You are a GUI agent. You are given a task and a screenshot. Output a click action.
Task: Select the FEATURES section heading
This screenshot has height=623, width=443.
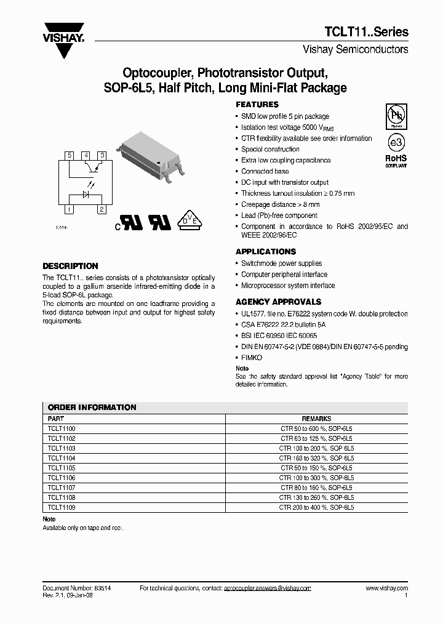tap(257, 105)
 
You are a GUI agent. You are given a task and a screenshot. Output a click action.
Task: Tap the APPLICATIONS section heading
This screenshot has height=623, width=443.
tap(266, 252)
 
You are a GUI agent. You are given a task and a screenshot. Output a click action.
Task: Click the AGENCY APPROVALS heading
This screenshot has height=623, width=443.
tap(278, 302)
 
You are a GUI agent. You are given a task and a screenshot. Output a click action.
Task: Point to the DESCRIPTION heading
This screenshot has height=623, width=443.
tap(70, 266)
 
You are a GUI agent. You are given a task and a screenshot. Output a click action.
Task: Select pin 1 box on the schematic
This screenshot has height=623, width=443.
tap(70, 210)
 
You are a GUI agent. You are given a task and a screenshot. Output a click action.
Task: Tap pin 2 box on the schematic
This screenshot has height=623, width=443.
tap(102, 210)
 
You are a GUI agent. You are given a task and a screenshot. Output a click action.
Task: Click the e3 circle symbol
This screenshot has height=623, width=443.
tap(396, 142)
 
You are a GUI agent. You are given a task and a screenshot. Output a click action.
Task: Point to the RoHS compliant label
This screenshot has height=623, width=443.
tap(396, 161)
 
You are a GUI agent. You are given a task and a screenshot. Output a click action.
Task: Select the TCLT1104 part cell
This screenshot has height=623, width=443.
tap(62, 458)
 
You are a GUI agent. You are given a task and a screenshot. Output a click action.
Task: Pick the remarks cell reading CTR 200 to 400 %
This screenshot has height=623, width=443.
tap(316, 508)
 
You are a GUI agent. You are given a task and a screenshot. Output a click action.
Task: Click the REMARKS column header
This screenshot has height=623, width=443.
tap(316, 417)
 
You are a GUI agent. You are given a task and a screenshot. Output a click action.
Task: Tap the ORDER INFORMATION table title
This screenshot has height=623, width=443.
tap(92, 408)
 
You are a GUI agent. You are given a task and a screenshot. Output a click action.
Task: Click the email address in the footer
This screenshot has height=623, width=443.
tap(268, 589)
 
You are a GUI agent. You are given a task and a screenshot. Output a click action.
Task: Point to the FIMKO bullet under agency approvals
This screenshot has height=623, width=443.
tap(251, 358)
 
